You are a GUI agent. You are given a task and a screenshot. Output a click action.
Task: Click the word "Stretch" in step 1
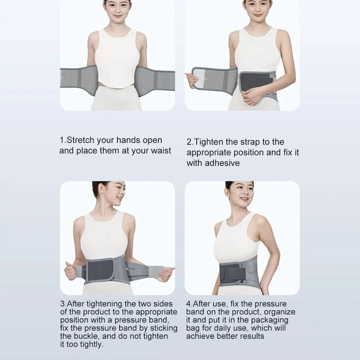click(x=80, y=140)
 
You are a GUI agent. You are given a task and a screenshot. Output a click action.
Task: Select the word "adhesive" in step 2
click(x=222, y=163)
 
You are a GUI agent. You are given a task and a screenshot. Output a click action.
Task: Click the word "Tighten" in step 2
click(x=208, y=142)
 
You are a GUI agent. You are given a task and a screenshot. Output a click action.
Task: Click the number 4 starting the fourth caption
click(x=189, y=304)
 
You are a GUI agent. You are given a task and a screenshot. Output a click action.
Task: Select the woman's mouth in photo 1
click(x=118, y=16)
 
